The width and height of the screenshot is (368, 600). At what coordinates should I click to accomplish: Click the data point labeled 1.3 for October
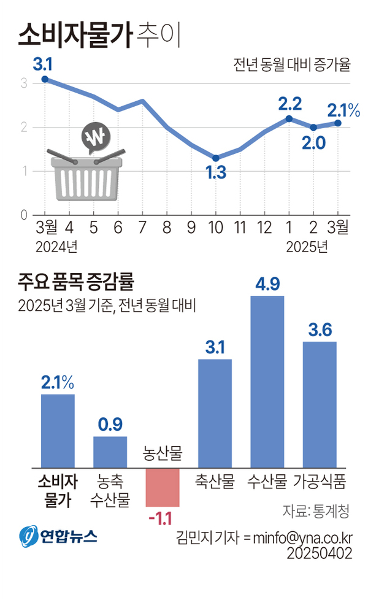coord(215,158)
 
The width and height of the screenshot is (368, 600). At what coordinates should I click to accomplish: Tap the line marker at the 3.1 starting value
coord(45,79)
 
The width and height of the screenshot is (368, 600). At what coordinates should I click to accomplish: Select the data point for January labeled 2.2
coord(288,118)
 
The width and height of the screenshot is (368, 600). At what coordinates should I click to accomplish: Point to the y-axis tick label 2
coord(24,127)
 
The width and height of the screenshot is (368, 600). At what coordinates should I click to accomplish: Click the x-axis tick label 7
coord(142,228)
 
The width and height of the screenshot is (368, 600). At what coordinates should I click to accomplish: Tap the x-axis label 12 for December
coord(264,228)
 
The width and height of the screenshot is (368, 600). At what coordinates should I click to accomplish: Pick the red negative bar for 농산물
coord(163,488)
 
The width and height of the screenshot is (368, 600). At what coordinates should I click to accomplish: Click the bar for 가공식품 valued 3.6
coord(320,405)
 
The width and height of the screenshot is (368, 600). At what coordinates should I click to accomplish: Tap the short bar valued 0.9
coord(110,453)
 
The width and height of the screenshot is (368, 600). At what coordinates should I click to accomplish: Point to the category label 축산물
coord(215,482)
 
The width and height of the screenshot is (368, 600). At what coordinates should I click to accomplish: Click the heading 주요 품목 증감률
coord(77,283)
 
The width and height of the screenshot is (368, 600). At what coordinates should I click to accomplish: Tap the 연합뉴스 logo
coord(58,536)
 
